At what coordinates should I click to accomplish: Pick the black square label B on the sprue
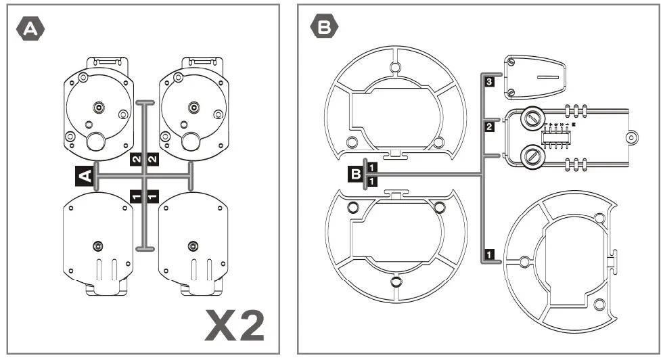click(355, 174)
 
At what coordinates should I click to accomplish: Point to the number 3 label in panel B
click(489, 82)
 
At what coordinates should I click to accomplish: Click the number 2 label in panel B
click(489, 126)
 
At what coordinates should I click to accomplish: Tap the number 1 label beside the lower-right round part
click(489, 254)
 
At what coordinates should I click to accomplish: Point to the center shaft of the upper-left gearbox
click(99, 106)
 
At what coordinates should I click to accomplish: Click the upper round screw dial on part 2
click(532, 120)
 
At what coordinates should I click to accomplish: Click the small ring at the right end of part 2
click(630, 137)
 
